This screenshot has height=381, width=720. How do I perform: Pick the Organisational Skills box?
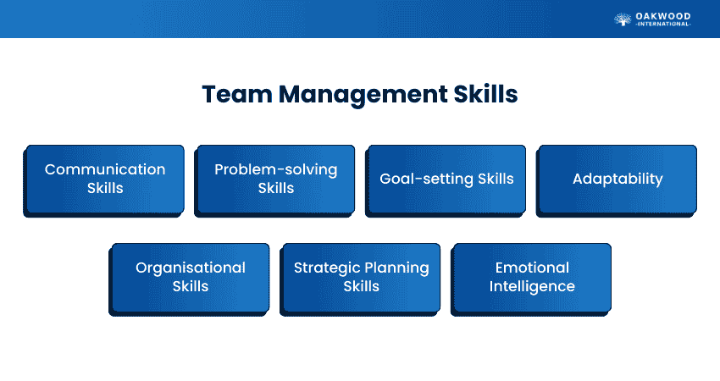tap(191, 278)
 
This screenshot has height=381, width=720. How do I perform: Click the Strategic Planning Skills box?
tap(362, 278)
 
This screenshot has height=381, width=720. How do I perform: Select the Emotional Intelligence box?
tap(532, 278)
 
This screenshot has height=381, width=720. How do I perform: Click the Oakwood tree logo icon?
tap(623, 19)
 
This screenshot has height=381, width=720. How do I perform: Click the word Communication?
tap(105, 169)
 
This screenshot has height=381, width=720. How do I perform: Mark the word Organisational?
tap(191, 268)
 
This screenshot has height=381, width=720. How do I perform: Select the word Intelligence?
tap(532, 286)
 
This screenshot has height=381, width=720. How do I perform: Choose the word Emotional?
tap(532, 268)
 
